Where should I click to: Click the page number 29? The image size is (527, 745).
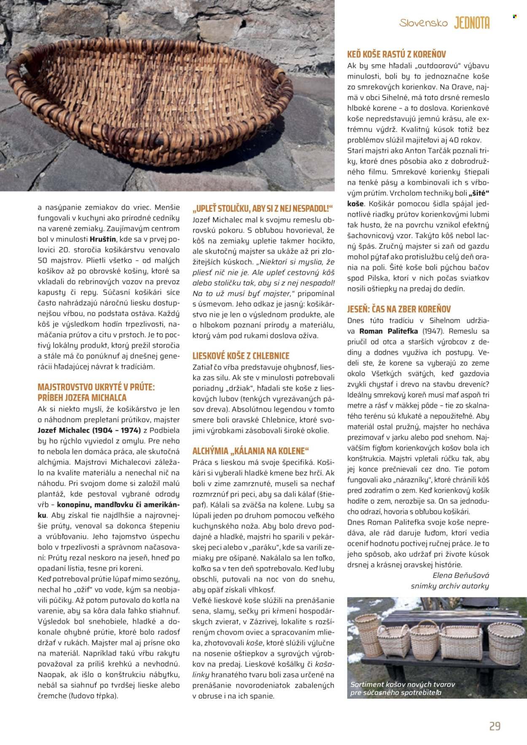tap(495, 726)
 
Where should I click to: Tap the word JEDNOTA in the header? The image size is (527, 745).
tap(472, 23)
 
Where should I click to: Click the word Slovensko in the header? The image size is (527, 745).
tap(423, 23)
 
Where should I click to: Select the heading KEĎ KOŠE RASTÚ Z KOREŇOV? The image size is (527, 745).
tap(396, 54)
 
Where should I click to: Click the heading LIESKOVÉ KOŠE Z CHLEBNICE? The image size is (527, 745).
tap(241, 356)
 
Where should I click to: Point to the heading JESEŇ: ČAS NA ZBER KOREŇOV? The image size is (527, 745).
tap(399, 309)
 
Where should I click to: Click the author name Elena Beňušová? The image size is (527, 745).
tap(461, 575)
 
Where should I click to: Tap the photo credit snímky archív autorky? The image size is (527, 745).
tap(450, 586)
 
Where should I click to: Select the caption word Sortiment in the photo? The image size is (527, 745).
tap(367, 685)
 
